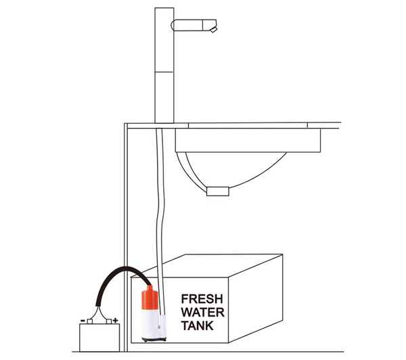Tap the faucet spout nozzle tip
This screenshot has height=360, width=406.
click(215, 30)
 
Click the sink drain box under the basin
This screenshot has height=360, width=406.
click(219, 192)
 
